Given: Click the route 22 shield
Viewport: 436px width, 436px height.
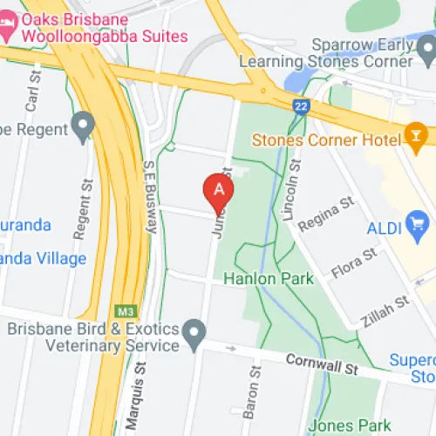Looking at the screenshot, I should pos(302,106).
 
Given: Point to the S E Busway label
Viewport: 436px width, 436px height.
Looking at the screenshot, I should pos(149,197).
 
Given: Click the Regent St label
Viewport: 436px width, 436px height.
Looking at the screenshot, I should pos(84,212).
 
